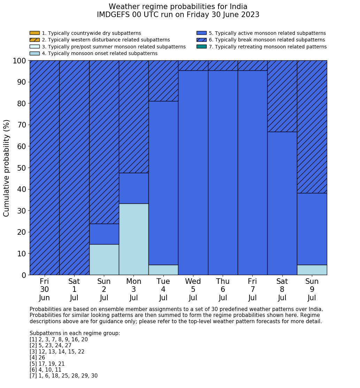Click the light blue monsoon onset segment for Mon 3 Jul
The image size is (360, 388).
point(134,239)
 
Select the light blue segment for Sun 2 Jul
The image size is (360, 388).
point(104,259)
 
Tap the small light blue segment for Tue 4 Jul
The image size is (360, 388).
point(163,270)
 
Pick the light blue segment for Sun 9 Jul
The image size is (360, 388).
point(312,270)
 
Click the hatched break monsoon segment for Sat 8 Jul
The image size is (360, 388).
point(282,96)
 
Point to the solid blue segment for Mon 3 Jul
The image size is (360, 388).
point(134,188)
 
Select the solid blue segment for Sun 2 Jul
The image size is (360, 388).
point(104,234)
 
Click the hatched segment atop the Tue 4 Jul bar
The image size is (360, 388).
point(163,81)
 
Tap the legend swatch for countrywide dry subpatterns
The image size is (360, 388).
point(35,33)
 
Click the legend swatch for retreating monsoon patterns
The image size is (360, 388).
point(201,47)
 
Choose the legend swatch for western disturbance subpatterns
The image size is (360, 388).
point(35,40)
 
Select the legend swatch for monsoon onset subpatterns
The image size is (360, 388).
point(35,53)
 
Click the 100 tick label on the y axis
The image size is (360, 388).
point(20,61)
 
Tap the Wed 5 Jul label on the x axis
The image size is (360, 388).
point(193,289)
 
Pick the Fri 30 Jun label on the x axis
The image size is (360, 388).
point(44,289)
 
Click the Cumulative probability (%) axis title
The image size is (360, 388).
point(7,168)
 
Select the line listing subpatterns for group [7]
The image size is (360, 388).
point(63,376)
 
